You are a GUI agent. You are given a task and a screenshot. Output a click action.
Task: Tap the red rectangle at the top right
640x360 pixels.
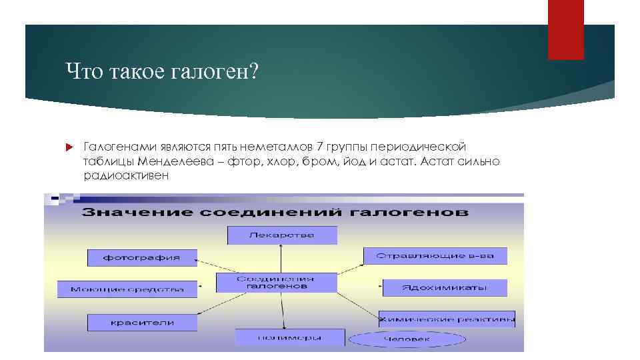pos(565,29)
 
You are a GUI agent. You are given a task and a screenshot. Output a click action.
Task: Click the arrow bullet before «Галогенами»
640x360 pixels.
pos(69,147)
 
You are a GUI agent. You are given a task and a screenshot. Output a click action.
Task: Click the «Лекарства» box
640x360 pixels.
pos(282,235)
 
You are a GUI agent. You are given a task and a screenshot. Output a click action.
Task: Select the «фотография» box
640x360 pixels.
pos(142,257)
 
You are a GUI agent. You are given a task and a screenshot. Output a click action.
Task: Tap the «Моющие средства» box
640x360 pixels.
pos(127,289)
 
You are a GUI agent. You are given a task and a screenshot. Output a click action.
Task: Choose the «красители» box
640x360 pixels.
pos(142,323)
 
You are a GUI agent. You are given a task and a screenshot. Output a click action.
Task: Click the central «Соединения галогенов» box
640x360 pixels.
pos(277,282)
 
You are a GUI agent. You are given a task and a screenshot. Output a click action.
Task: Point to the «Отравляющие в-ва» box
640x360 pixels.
pos(435,256)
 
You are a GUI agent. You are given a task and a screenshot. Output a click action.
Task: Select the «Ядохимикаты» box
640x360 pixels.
pos(444,288)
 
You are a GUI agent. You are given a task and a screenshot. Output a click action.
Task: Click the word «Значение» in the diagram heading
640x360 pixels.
pos(123,213)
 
